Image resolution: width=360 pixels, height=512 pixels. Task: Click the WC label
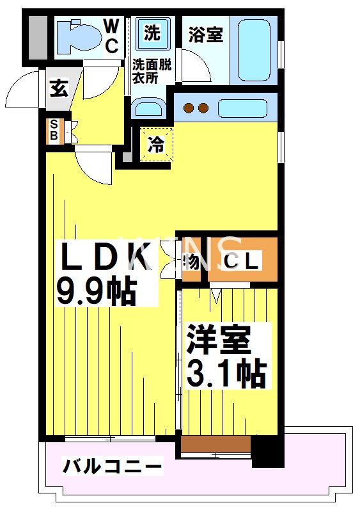pos(111,36)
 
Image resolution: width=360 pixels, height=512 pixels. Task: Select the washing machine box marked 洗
pos(152,33)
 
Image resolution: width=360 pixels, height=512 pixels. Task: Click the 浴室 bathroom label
pos(205,35)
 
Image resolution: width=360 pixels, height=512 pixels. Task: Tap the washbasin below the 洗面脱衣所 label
pos(149,108)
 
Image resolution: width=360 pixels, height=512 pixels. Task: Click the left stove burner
pos(189,108)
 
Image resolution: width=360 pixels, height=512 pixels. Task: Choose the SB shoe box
pos(54,131)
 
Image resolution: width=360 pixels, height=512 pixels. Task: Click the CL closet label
pos(241,261)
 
